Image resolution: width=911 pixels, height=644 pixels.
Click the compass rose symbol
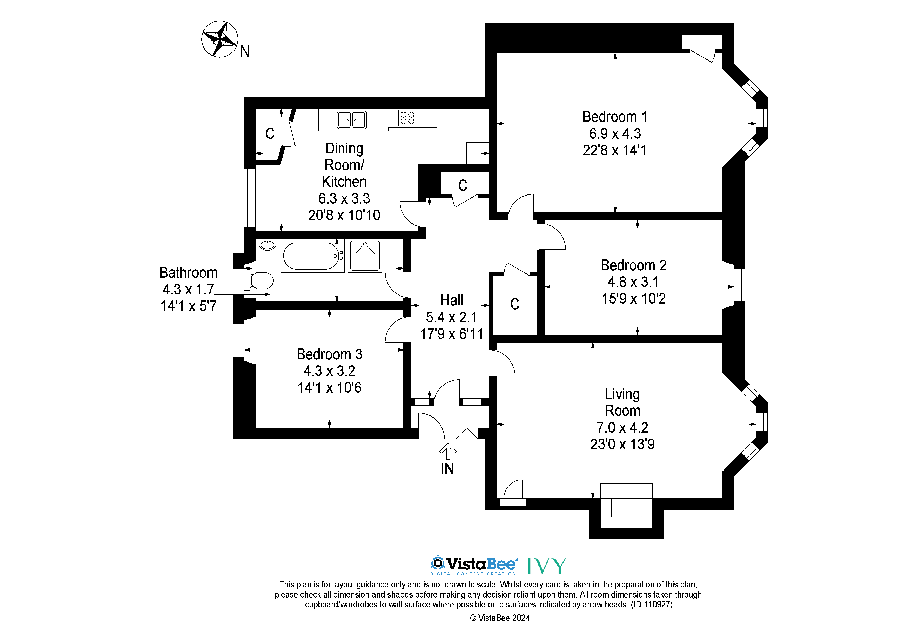[x=219, y=39]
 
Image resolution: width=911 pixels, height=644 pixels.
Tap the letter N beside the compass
[x=245, y=51]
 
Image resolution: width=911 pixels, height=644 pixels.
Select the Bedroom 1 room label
[x=615, y=117]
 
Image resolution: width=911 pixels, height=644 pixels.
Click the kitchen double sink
[x=352, y=119]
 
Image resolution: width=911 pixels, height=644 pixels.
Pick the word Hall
[x=452, y=300]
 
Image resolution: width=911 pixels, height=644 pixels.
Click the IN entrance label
[x=447, y=469]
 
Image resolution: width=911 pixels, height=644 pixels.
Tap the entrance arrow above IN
[x=448, y=451]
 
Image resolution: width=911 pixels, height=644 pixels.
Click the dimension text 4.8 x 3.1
[x=633, y=282]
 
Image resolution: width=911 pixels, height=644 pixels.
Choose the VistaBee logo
[x=474, y=565]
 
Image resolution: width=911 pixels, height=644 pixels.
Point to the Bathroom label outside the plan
[x=189, y=273]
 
